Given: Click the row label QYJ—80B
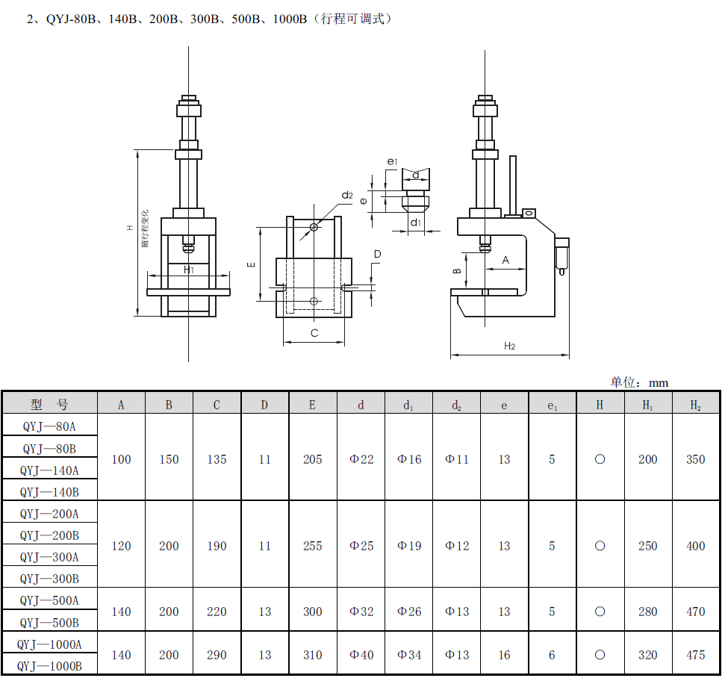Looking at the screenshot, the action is pyautogui.click(x=49, y=449).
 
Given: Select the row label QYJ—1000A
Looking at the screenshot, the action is pyautogui.click(x=49, y=644).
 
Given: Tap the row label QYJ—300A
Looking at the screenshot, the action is pyautogui.click(x=49, y=557).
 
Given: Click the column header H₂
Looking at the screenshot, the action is pyautogui.click(x=695, y=405).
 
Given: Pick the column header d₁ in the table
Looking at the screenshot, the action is pyautogui.click(x=408, y=405).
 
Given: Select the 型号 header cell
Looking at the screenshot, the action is pyautogui.click(x=49, y=405).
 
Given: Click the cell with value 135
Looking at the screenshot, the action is pyautogui.click(x=217, y=459).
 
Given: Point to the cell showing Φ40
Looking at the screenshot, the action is pyautogui.click(x=361, y=655).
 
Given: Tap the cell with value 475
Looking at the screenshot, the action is pyautogui.click(x=695, y=655).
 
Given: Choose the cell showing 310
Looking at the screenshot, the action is pyautogui.click(x=313, y=655).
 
